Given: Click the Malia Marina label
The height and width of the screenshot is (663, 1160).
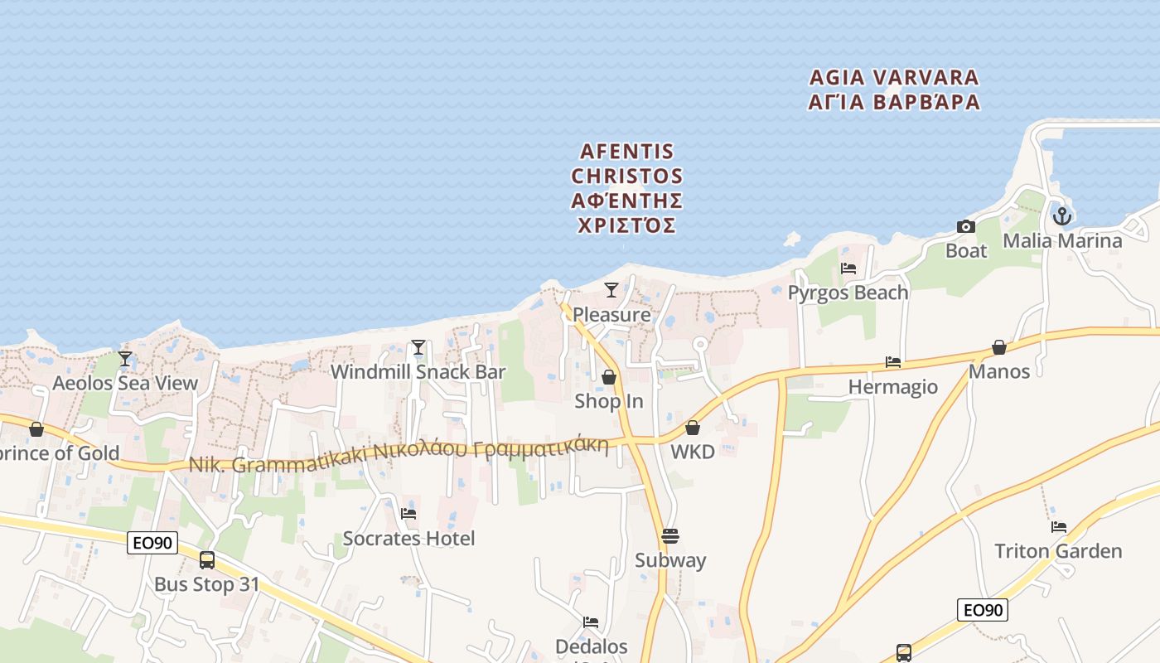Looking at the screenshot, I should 1062,240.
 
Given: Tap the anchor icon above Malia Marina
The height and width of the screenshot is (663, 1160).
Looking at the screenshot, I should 1062,216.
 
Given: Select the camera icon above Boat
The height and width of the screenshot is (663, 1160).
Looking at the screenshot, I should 966,226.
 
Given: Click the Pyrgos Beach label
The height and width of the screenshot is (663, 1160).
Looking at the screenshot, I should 848,293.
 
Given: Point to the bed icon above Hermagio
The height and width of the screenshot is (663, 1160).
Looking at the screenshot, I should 893,362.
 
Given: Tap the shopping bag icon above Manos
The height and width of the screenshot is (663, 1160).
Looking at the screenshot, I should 999,347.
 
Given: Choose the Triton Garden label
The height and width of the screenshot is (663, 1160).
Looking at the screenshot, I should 1058,551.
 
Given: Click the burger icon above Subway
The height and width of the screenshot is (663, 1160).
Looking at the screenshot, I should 670,536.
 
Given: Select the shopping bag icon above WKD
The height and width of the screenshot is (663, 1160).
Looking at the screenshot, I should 693,428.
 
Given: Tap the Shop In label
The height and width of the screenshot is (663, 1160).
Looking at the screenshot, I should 609,401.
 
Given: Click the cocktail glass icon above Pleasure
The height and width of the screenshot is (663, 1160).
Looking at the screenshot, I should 611,290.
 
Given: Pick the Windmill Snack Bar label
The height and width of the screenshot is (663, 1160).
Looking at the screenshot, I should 418,372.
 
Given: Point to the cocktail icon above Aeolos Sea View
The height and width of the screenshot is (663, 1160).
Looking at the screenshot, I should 125,359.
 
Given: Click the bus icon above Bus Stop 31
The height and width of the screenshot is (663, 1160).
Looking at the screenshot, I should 207,560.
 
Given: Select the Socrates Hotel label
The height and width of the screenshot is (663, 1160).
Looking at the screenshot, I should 408,539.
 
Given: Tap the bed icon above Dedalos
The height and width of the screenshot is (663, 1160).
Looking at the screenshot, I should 591,622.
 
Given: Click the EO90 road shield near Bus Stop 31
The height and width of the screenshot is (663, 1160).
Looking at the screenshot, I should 153,543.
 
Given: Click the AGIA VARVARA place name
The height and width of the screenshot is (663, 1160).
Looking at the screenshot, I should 894,90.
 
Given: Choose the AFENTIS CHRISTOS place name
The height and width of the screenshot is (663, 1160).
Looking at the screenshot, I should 627,188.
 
